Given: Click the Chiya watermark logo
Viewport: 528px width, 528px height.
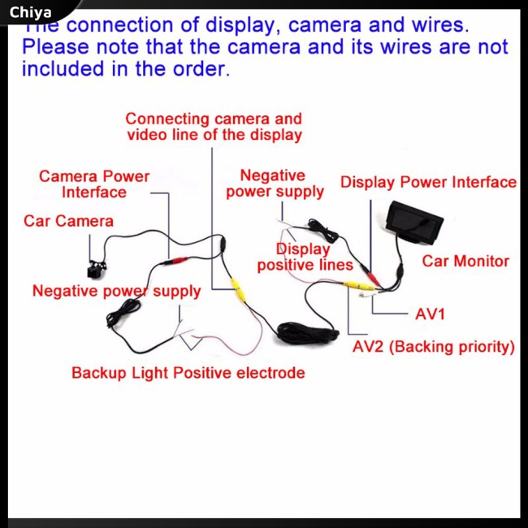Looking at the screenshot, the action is pyautogui.click(x=31, y=12).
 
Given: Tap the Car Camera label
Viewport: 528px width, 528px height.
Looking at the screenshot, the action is pyautogui.click(x=68, y=221).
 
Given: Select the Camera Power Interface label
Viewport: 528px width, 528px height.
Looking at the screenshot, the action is pyautogui.click(x=94, y=184).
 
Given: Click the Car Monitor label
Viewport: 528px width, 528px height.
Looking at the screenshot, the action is pyautogui.click(x=465, y=262).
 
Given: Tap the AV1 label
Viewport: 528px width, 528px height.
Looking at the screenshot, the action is pyautogui.click(x=430, y=314).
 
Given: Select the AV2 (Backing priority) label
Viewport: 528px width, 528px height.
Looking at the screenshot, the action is pyautogui.click(x=434, y=347).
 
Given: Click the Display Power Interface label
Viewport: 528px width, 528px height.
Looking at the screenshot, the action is pyautogui.click(x=428, y=182).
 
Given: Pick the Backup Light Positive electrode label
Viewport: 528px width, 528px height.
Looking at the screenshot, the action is pyautogui.click(x=188, y=374).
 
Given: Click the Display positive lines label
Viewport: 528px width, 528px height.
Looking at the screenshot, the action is pyautogui.click(x=305, y=258).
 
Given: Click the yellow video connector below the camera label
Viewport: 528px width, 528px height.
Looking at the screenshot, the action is pyautogui.click(x=236, y=288).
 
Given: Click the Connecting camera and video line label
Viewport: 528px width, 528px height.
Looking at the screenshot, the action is pyautogui.click(x=214, y=127).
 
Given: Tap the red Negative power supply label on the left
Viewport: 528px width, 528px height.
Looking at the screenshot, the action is pyautogui.click(x=116, y=291).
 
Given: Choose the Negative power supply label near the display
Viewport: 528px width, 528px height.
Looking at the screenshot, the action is pyautogui.click(x=274, y=184).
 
